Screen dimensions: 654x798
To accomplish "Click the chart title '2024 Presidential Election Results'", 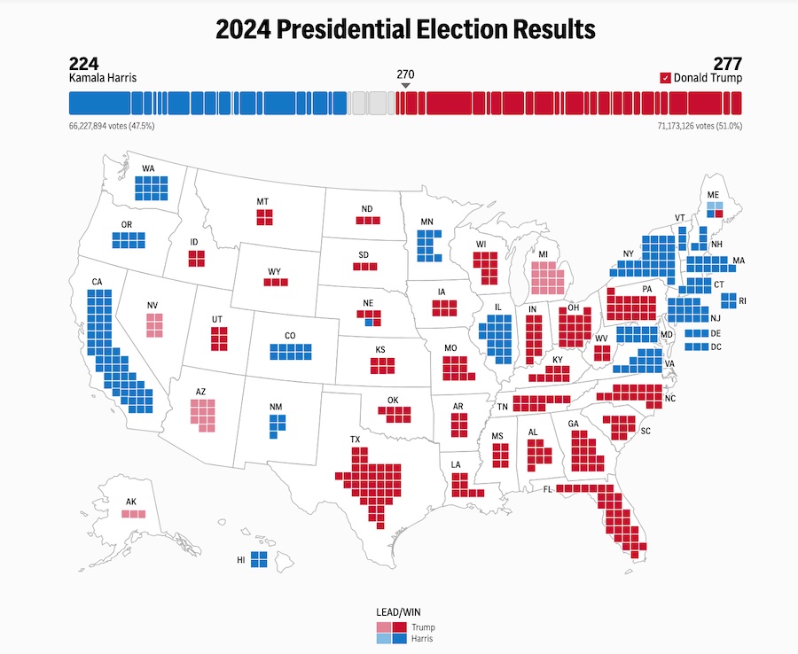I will pyautogui.click(x=405, y=29).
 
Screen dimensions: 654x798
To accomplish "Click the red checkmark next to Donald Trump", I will pyautogui.click(x=665, y=78).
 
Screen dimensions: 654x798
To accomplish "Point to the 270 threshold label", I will pyautogui.click(x=405, y=74).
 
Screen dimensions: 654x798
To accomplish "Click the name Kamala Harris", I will pyautogui.click(x=103, y=78).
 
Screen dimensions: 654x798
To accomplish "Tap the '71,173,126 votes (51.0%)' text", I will pyautogui.click(x=695, y=127).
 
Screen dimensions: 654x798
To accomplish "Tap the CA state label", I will pyautogui.click(x=97, y=283).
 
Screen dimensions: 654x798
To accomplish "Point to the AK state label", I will pyautogui.click(x=131, y=502).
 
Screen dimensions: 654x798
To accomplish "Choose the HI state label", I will pyautogui.click(x=241, y=560).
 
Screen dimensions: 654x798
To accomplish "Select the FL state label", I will pyautogui.click(x=547, y=488).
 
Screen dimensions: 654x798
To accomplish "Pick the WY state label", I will pyautogui.click(x=275, y=271).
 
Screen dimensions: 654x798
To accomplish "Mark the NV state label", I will pyautogui.click(x=153, y=307).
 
